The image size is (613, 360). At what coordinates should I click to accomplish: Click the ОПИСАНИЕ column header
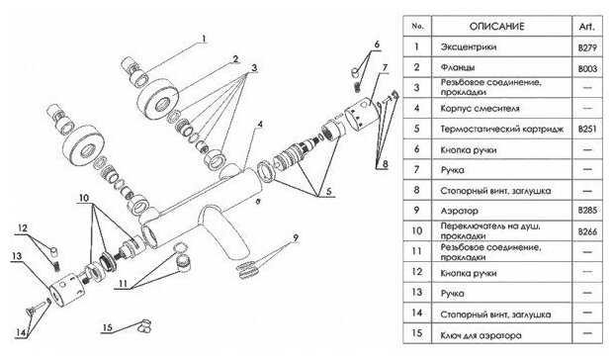tap(496, 27)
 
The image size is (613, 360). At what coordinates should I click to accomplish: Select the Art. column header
tap(587, 27)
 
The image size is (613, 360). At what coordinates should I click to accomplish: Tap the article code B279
tap(587, 47)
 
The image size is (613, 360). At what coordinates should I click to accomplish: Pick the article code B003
tap(587, 69)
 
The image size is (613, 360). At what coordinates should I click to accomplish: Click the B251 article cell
tap(587, 129)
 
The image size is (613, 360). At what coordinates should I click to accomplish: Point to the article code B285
tap(587, 211)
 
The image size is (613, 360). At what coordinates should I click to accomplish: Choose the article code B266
tap(587, 231)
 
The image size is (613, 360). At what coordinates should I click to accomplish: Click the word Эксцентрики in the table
tap(469, 46)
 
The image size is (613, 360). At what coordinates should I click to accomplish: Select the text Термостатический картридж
tap(502, 129)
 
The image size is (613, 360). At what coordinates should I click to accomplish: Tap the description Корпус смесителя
tap(480, 108)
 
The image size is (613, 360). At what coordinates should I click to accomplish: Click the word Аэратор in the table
tap(459, 211)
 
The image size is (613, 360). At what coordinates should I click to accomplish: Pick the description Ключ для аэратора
tap(481, 335)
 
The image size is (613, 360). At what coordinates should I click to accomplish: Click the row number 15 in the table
tap(417, 333)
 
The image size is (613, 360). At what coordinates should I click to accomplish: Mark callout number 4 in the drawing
tap(260, 125)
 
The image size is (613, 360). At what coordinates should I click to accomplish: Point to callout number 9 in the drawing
tap(296, 237)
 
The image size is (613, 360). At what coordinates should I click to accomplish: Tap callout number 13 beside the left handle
tap(17, 256)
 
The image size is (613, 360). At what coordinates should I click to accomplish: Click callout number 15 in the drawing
tap(107, 327)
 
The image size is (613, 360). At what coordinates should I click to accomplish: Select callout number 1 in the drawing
tap(204, 39)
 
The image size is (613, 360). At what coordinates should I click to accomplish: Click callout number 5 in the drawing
tap(328, 191)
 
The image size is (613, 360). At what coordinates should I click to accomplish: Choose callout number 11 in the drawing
tap(124, 283)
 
